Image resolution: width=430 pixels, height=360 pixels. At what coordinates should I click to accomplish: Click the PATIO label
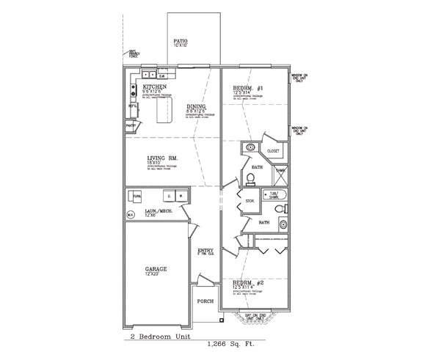point(181,40)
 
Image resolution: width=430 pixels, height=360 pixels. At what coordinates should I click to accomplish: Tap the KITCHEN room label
point(145,87)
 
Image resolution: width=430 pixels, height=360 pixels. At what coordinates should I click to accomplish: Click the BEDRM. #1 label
point(244,87)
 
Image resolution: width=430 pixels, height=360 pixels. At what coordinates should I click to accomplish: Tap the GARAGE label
point(155,269)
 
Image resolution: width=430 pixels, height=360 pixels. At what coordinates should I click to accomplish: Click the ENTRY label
point(205,251)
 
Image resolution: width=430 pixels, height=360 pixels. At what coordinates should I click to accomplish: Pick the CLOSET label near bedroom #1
point(273,151)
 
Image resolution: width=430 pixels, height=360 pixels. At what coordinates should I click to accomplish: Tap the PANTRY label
point(131,126)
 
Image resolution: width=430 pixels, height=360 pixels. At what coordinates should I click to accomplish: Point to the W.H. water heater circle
point(131,214)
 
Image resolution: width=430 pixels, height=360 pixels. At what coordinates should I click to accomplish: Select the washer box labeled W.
point(181,196)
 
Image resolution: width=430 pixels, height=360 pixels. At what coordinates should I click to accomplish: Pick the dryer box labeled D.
point(168,196)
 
